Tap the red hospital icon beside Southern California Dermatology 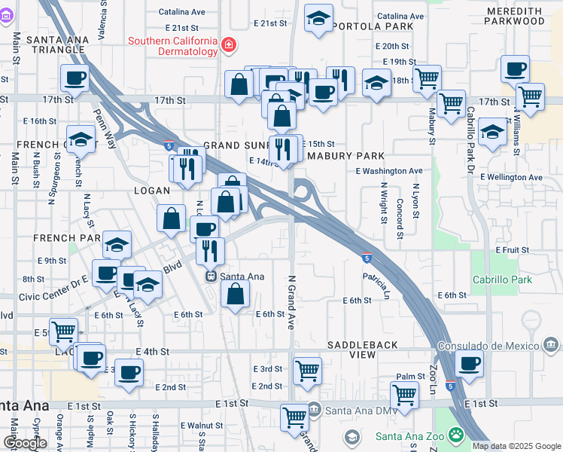227,47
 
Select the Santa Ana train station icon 212,276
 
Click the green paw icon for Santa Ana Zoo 455,435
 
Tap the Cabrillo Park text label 502,279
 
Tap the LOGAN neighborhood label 152,191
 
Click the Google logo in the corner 25,443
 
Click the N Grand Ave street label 291,301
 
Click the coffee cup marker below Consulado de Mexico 470,363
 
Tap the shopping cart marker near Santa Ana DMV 294,416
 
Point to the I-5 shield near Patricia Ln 366,258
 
